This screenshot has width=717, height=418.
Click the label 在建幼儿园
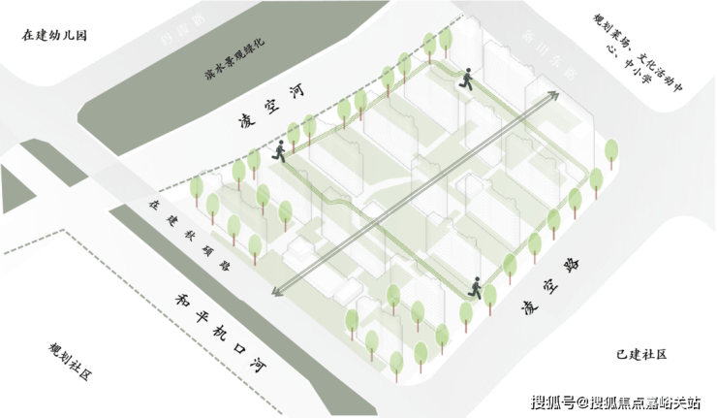54,36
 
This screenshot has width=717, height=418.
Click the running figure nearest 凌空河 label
279,150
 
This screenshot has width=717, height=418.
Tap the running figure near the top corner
467,78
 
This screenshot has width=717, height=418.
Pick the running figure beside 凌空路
475,286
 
